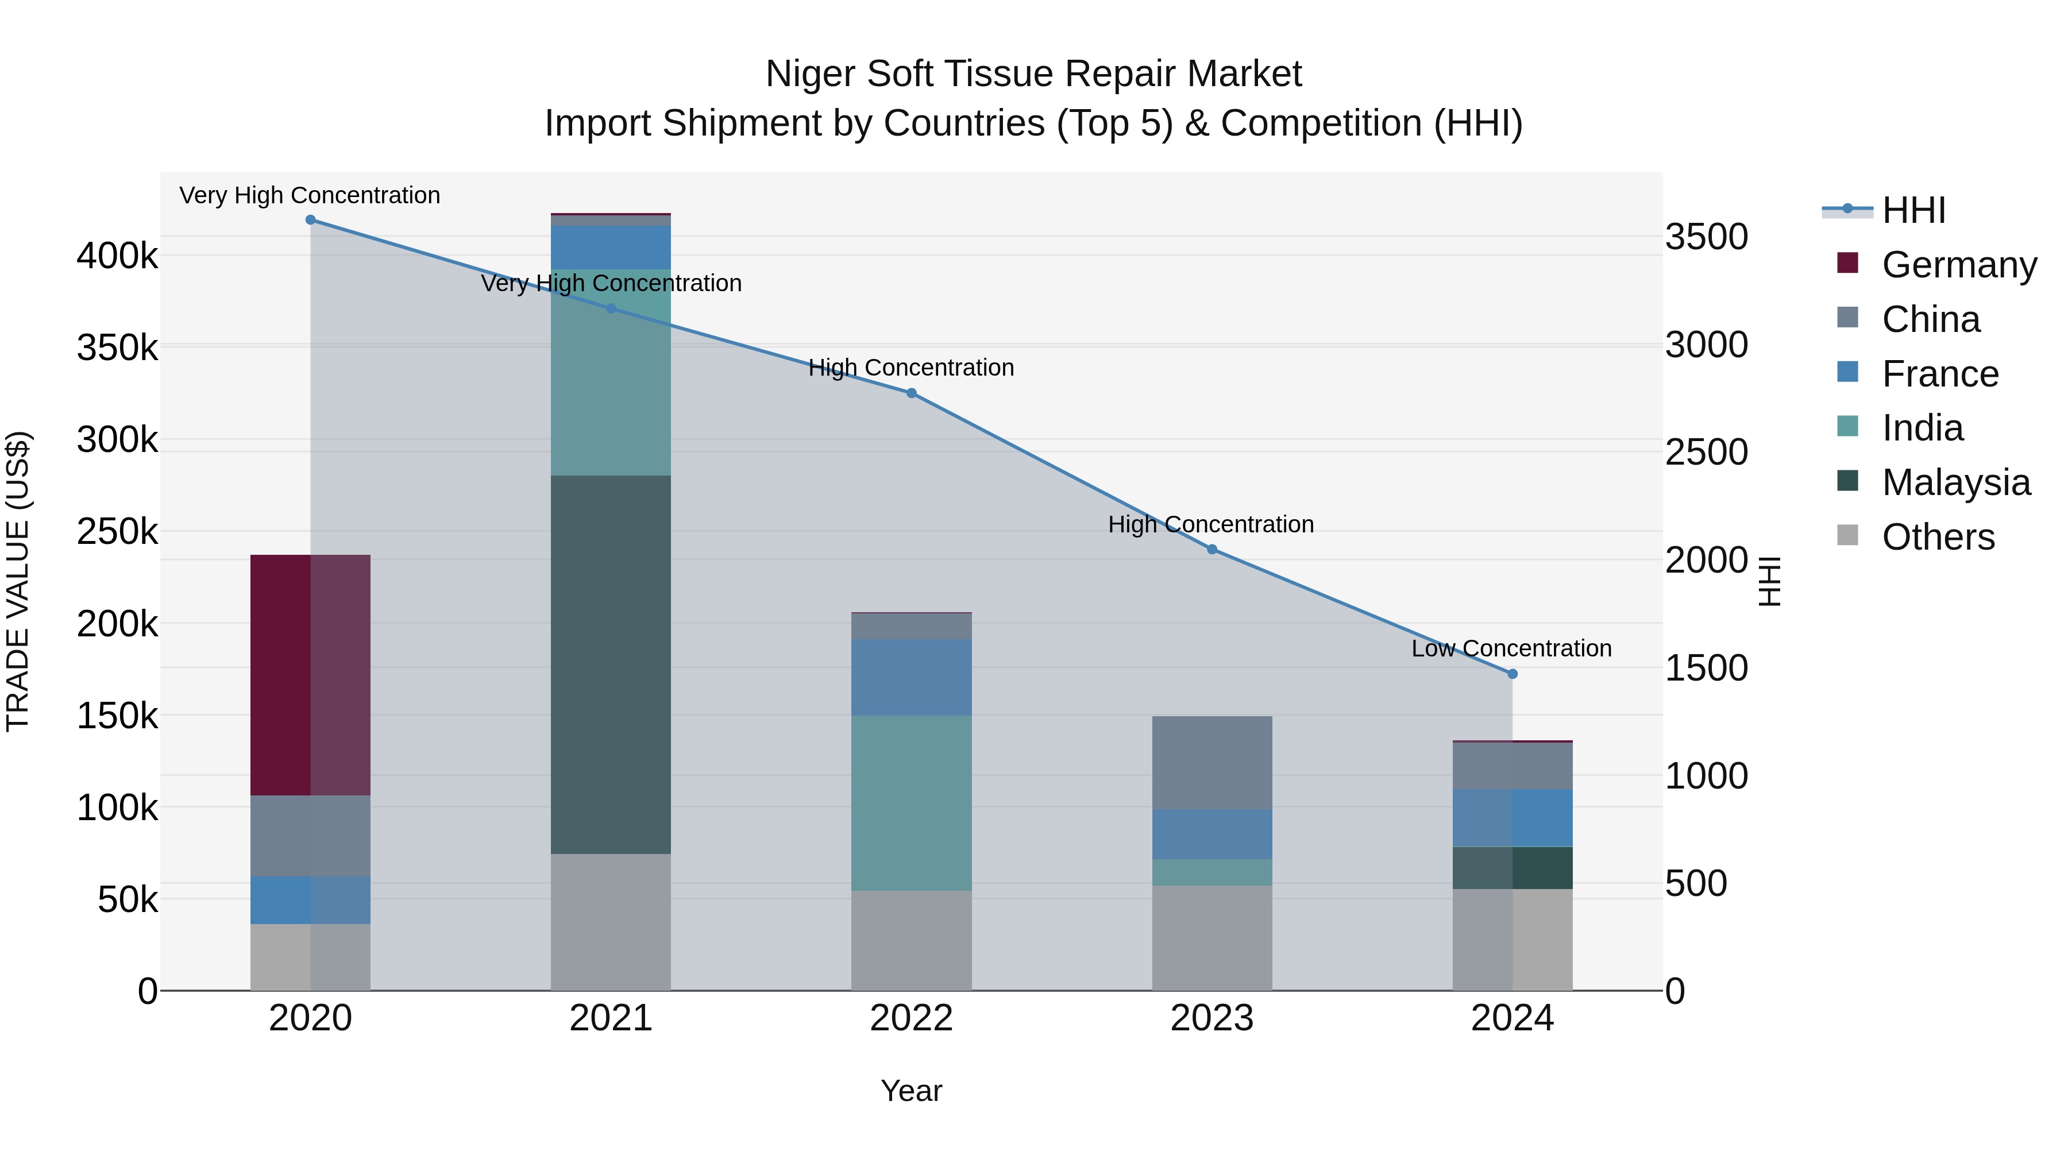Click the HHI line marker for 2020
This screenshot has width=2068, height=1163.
pyautogui.click(x=311, y=220)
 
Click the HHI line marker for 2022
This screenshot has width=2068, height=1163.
pyautogui.click(x=911, y=393)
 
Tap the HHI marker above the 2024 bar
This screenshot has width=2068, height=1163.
pyautogui.click(x=1513, y=674)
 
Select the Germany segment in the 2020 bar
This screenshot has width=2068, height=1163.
pyautogui.click(x=311, y=675)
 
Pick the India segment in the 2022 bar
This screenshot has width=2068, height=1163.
pyautogui.click(x=911, y=803)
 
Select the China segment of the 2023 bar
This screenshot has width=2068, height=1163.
pyautogui.click(x=1212, y=763)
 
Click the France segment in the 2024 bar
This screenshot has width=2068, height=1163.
pyautogui.click(x=1513, y=818)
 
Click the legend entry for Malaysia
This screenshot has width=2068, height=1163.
pyautogui.click(x=1955, y=482)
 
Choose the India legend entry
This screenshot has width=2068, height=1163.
pyautogui.click(x=1922, y=428)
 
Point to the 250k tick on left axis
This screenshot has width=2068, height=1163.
pyautogui.click(x=117, y=531)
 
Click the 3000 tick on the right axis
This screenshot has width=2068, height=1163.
pyautogui.click(x=1706, y=345)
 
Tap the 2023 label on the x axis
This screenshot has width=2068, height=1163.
pyautogui.click(x=1212, y=1018)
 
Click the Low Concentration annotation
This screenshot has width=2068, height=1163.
pyautogui.click(x=1511, y=648)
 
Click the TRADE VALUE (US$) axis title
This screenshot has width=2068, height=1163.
pyautogui.click(x=18, y=581)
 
